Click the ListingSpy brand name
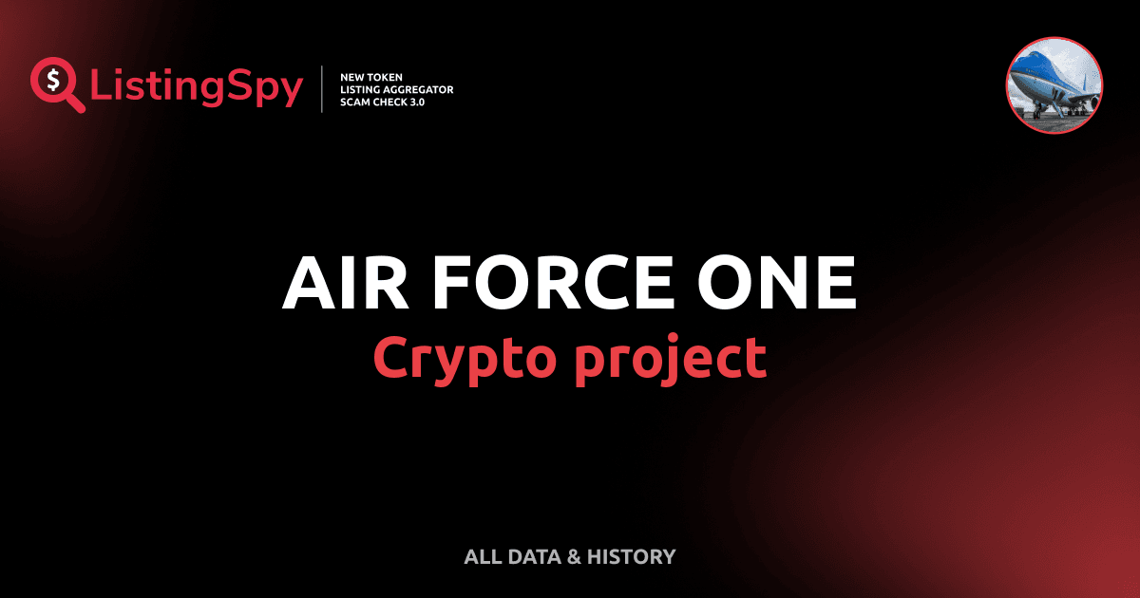click(x=197, y=87)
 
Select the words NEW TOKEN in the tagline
click(x=371, y=76)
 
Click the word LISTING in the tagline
click(x=361, y=89)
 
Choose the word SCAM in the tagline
click(x=354, y=103)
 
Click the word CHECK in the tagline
click(x=390, y=103)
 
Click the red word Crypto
click(x=462, y=358)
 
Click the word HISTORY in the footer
click(x=632, y=557)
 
